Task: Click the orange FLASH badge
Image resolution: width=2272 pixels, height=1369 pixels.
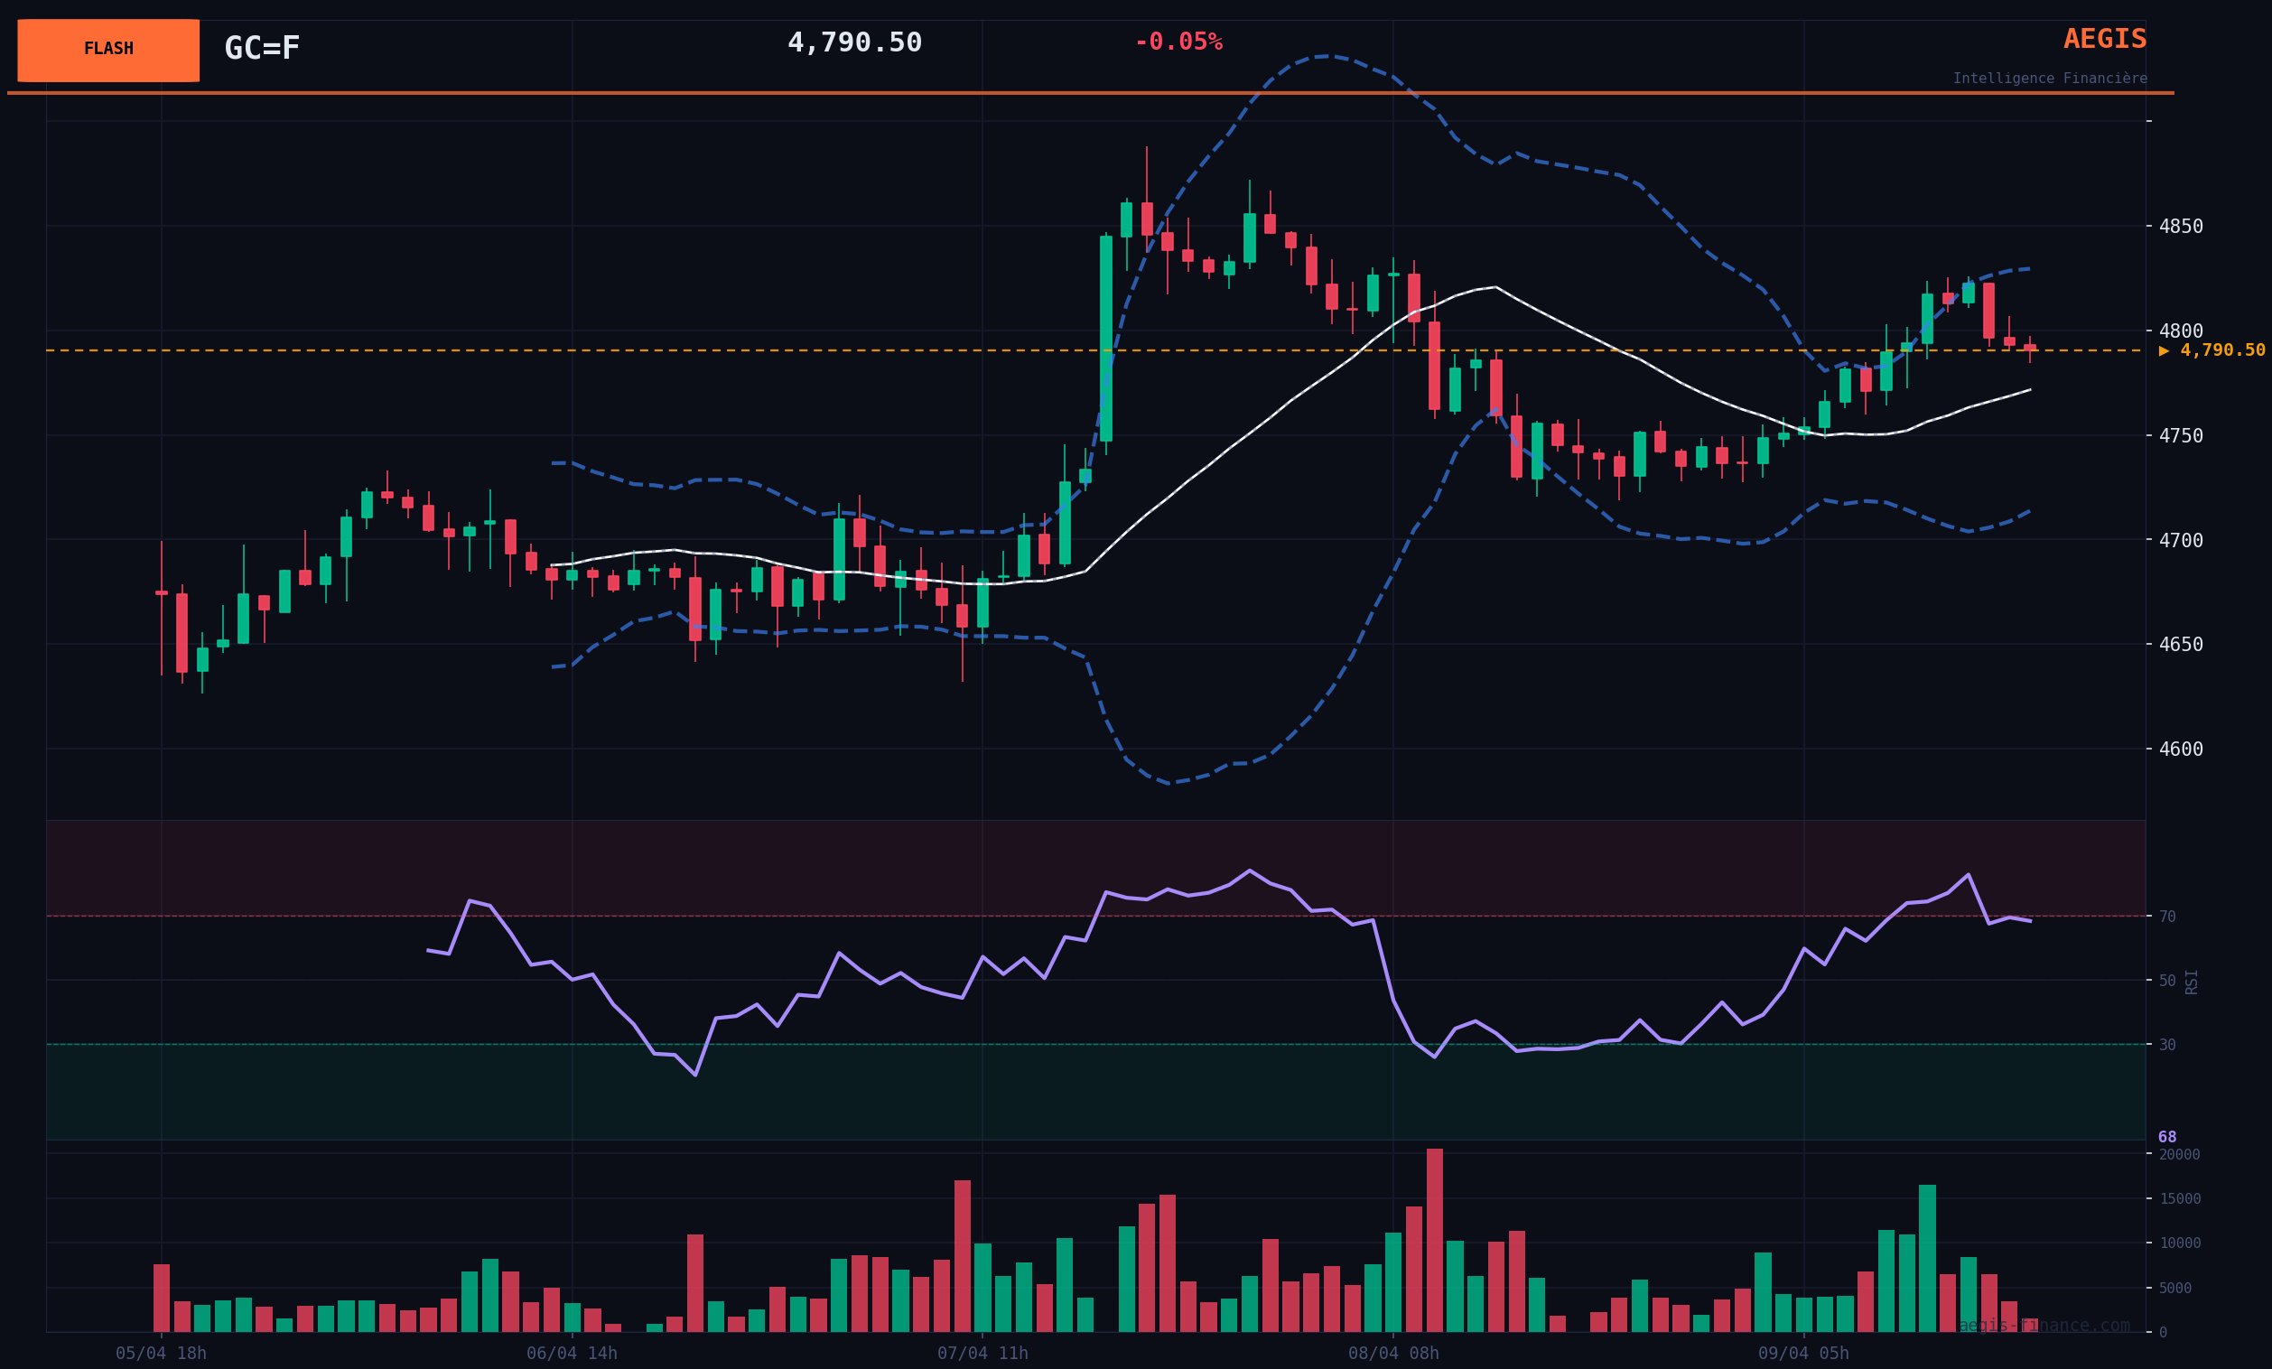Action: [x=107, y=50]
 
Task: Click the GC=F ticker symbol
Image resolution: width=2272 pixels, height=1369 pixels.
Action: [x=262, y=48]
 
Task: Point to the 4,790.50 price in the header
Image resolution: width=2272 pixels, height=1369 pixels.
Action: [x=854, y=42]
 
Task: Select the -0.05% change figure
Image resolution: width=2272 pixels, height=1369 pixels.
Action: [x=1178, y=42]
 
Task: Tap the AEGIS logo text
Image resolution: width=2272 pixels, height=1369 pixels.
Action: [x=2104, y=40]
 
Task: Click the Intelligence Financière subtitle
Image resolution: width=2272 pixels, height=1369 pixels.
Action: [x=2049, y=79]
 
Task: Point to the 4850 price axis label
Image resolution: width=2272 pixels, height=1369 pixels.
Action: [x=2180, y=227]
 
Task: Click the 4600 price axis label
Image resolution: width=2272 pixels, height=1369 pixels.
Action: [x=2180, y=750]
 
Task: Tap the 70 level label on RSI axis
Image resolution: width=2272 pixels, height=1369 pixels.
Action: [x=2167, y=917]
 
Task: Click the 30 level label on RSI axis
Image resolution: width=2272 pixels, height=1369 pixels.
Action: [x=2167, y=1045]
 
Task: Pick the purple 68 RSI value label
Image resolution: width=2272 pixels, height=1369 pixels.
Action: [x=2167, y=1137]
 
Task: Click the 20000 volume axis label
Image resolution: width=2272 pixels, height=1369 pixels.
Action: [x=2179, y=1154]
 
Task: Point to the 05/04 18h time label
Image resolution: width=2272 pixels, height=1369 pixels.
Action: [x=162, y=1354]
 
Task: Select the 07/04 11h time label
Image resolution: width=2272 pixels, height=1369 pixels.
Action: [x=982, y=1354]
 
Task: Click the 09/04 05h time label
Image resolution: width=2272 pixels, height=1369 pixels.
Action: [x=1803, y=1354]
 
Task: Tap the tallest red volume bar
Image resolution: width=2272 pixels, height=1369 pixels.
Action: [x=1434, y=1240]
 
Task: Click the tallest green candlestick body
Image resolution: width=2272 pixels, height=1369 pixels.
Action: [x=1105, y=339]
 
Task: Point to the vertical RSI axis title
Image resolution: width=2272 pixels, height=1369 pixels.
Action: [x=2191, y=981]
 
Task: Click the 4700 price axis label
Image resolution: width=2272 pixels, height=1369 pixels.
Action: [x=2180, y=540]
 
